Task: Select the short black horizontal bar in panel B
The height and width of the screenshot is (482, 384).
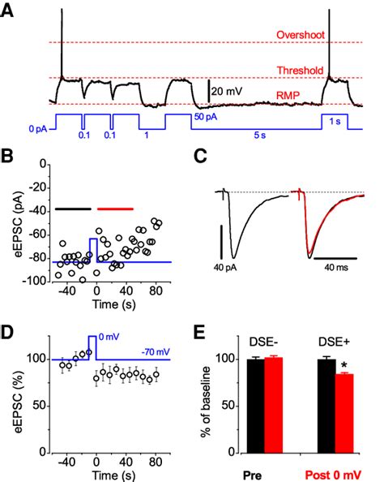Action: [73, 209]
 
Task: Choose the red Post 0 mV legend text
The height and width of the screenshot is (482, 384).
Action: [332, 473]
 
